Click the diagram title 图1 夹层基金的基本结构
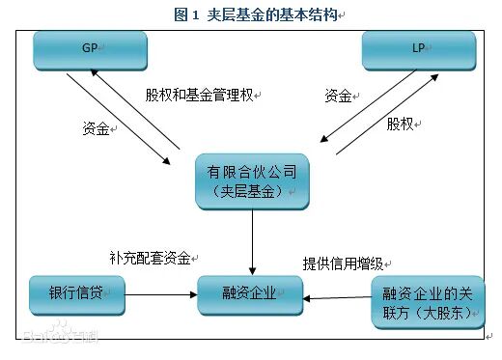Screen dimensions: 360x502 coord(255,14)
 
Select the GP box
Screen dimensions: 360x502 coord(91,50)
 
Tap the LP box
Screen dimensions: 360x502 coord(418,50)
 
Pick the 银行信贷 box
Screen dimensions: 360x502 coord(76,294)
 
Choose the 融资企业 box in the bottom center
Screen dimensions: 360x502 coord(251,295)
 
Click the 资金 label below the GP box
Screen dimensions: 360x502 coord(97,127)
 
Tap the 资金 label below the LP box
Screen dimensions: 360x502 coord(337,96)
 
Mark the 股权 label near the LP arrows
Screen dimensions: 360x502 coord(400,124)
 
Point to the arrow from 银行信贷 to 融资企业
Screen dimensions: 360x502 coord(161,297)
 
